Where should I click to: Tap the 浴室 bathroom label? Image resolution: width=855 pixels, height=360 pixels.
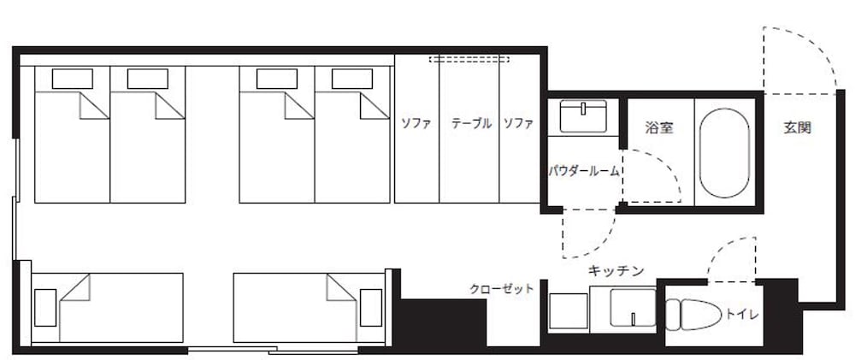click(x=658, y=129)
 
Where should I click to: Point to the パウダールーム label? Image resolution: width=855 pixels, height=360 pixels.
click(x=584, y=171)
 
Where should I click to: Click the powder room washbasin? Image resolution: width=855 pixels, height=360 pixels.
click(x=583, y=115)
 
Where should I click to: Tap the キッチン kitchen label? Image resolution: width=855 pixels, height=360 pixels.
click(x=615, y=270)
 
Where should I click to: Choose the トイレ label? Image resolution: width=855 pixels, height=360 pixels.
click(x=740, y=314)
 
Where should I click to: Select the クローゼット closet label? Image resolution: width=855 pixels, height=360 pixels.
click(x=502, y=289)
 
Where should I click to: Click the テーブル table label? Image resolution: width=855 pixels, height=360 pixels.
click(x=471, y=123)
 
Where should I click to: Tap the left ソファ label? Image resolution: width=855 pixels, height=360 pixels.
click(x=416, y=123)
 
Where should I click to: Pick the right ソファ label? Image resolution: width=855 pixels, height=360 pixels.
click(x=518, y=123)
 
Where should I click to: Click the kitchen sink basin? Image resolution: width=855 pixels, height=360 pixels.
click(x=632, y=309)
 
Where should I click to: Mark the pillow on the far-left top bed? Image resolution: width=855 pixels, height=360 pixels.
click(x=73, y=79)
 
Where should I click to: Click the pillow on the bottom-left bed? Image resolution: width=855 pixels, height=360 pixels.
click(x=45, y=307)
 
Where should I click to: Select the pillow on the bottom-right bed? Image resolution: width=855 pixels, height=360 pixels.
click(x=371, y=307)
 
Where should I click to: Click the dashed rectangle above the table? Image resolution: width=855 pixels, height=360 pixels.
click(x=469, y=60)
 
